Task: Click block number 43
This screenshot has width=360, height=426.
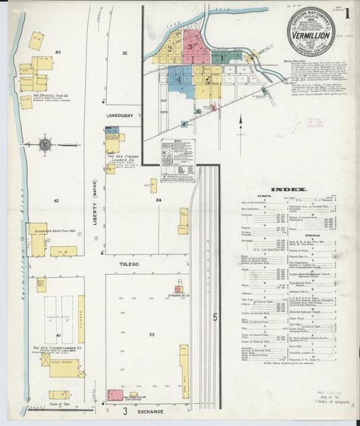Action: pyautogui.click(x=58, y=52)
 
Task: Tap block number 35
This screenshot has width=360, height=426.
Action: pyautogui.click(x=124, y=52)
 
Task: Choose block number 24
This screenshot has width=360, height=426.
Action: pyautogui.click(x=158, y=200)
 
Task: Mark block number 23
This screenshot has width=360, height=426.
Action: pyautogui.click(x=152, y=335)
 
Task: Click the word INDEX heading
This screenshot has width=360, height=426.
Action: pyautogui.click(x=289, y=190)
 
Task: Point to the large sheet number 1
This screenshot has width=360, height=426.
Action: pyautogui.click(x=346, y=13)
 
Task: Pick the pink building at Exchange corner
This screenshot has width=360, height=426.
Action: pyautogui.click(x=115, y=394)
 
